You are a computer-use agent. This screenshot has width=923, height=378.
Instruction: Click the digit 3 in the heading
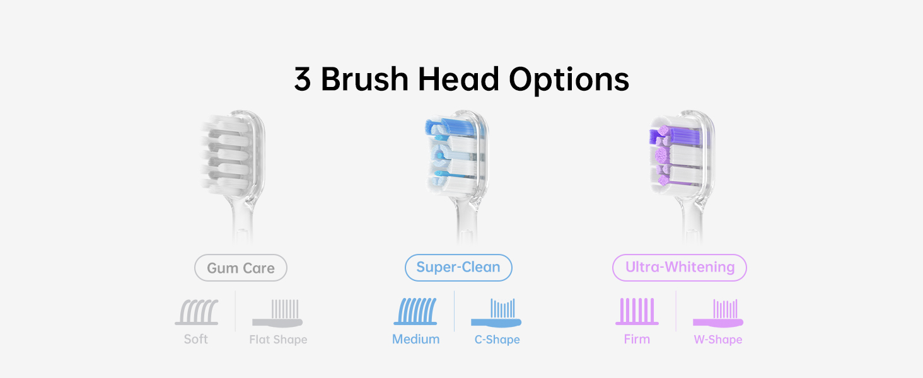point(302,79)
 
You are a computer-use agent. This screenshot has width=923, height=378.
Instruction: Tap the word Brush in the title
point(364,78)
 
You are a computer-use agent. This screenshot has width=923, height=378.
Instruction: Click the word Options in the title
point(569,79)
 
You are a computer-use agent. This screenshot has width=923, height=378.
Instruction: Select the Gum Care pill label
point(241,268)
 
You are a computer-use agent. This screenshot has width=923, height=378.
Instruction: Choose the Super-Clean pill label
point(458,268)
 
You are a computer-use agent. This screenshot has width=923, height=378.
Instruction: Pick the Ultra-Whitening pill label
point(680,268)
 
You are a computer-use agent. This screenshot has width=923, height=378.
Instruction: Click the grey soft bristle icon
point(197,312)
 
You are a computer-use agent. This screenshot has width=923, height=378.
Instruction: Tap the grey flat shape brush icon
point(277,313)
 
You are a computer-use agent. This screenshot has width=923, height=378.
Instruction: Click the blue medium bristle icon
point(415,311)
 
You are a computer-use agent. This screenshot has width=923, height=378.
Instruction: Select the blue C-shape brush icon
point(496,313)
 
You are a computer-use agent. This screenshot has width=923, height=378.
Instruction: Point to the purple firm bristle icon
point(637,311)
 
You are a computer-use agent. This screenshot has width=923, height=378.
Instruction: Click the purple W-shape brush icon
point(718,313)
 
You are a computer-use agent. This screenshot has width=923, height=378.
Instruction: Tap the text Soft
point(195,340)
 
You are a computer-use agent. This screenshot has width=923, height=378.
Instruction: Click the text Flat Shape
point(278,340)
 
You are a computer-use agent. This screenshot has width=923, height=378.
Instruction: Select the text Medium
point(415,340)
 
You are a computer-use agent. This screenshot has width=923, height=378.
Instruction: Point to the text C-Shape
point(497,340)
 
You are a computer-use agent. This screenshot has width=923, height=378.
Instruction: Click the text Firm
point(637,340)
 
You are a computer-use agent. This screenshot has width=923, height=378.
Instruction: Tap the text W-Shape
point(718,340)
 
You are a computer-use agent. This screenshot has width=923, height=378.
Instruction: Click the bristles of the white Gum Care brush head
point(226,156)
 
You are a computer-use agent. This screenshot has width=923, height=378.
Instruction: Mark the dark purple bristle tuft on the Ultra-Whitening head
point(676,136)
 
